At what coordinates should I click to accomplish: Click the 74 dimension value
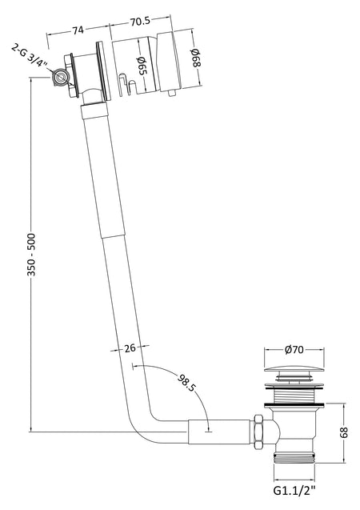tap(78, 30)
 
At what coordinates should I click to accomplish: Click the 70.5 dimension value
tap(140, 22)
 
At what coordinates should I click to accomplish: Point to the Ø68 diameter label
tap(196, 58)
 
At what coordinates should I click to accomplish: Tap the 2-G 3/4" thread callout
tap(30, 57)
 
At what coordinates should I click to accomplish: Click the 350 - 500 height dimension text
tap(31, 255)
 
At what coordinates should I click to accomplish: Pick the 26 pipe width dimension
tap(130, 348)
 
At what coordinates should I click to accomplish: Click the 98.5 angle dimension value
tap(186, 384)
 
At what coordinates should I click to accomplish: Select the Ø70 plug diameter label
tap(294, 350)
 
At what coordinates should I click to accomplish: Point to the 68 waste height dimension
tap(344, 432)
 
